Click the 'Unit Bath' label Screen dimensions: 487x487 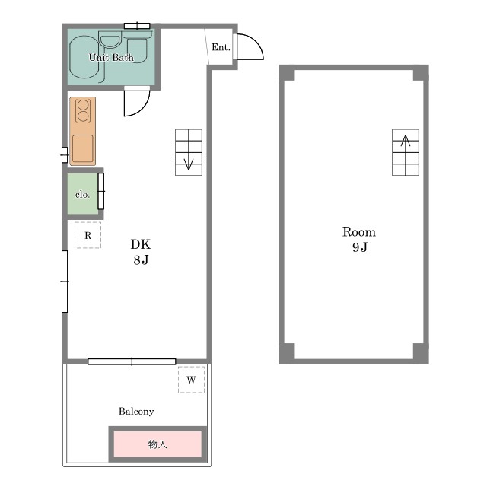click(111, 58)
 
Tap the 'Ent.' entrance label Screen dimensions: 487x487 click(221, 47)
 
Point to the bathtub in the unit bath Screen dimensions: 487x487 click(84, 57)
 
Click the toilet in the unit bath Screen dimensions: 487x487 click(137, 48)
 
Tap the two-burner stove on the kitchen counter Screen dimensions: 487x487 click(83, 110)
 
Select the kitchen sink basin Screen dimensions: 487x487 click(83, 148)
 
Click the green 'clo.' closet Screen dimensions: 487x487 click(83, 194)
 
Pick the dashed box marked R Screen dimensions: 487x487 click(88, 235)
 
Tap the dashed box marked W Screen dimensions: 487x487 click(191, 380)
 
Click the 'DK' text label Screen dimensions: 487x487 click(141, 244)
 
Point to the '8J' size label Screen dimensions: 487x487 click(141, 259)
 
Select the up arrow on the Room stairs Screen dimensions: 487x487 click(406, 154)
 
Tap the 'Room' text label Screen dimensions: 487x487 click(359, 232)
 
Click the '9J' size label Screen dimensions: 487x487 click(360, 247)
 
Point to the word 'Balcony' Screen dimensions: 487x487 click(136, 412)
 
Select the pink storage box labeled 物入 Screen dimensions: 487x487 click(158, 444)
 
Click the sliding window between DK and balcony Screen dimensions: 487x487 click(132, 361)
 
